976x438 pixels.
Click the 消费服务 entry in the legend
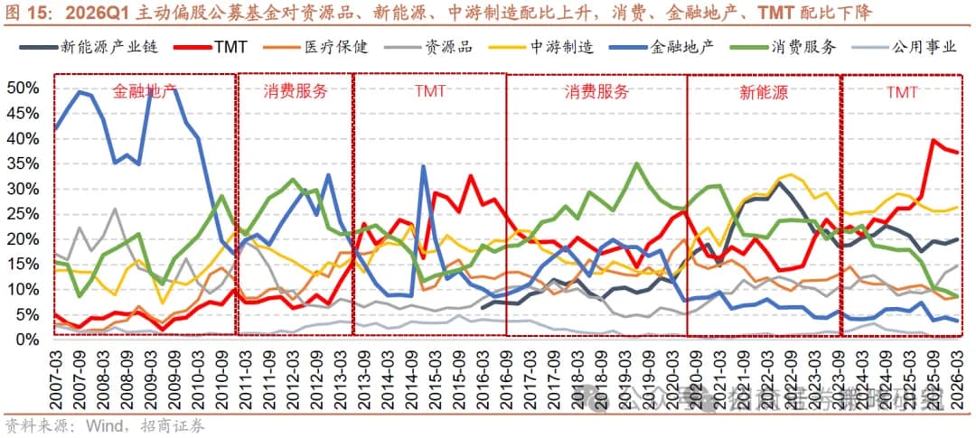pyautogui.click(x=803, y=47)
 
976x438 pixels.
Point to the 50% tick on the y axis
pyautogui.click(x=22, y=89)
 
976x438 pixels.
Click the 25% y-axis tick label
pyautogui.click(x=22, y=214)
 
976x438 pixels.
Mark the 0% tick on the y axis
pyautogui.click(x=25, y=339)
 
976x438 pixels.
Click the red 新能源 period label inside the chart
pyautogui.click(x=762, y=92)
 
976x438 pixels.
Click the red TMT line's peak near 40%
pyautogui.click(x=933, y=140)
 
